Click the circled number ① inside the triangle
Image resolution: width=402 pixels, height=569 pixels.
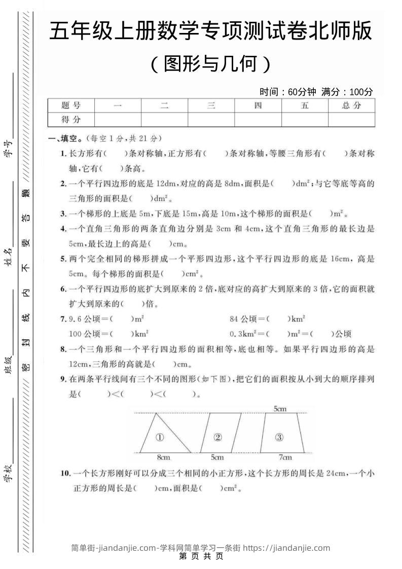pyautogui.click(x=159, y=437)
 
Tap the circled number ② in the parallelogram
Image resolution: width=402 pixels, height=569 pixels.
pyautogui.click(x=218, y=437)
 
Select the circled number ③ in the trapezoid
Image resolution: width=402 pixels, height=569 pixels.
pyautogui.click(x=279, y=437)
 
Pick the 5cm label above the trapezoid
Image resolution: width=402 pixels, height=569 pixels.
pyautogui.click(x=280, y=409)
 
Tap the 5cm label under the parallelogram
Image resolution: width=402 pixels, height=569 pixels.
pyautogui.click(x=217, y=457)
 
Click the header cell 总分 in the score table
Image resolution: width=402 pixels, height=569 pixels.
pyautogui.click(x=351, y=105)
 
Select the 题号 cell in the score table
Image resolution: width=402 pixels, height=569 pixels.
pyautogui.click(x=71, y=105)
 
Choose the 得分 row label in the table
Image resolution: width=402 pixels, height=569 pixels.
pyautogui.click(x=71, y=120)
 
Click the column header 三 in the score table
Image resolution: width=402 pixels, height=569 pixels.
pyautogui.click(x=211, y=105)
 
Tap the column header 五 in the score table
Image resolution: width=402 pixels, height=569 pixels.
pyautogui.click(x=305, y=105)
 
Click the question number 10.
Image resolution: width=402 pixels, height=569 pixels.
pyautogui.click(x=65, y=474)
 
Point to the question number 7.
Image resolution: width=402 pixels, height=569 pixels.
pyautogui.click(x=63, y=319)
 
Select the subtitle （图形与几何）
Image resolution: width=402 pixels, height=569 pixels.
pyautogui.click(x=211, y=64)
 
